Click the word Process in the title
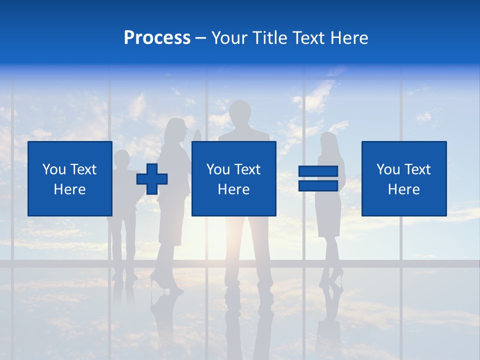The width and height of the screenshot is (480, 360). coord(157,38)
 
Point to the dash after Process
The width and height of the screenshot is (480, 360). coord(201,38)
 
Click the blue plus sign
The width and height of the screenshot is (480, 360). coord(152,178)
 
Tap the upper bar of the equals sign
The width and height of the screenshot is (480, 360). coord(318,171)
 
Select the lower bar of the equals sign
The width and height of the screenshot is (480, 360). coord(318,185)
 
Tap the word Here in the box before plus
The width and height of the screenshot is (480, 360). coord(69,189)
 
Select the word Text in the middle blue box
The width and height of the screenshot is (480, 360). coord(248,169)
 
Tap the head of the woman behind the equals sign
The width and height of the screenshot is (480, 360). coord(329,142)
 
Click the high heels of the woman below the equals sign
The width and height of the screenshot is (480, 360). coord(336,276)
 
